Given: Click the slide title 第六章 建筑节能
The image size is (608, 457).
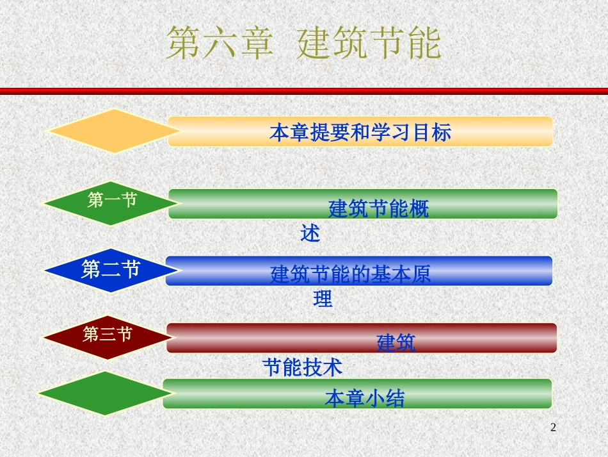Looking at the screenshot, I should [303, 44].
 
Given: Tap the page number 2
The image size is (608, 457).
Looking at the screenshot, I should [554, 427].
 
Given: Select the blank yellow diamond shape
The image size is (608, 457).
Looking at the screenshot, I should [113, 131].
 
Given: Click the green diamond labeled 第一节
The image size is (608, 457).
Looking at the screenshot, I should [111, 203].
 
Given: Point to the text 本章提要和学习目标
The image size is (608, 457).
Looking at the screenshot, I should [360, 132].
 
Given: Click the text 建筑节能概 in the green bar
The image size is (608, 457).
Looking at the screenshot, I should [378, 209].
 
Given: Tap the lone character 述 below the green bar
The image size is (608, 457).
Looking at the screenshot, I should [310, 233].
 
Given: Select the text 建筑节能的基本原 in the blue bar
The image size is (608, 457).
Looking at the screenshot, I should [350, 274].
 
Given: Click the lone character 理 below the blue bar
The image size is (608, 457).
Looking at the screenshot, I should [323, 299].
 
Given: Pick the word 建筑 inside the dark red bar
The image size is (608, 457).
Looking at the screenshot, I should [396, 343].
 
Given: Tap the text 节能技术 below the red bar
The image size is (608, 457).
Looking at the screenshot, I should [302, 367].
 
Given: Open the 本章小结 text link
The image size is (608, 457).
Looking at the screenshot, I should [365, 398].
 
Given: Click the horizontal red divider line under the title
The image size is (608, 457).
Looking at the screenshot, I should [304, 91].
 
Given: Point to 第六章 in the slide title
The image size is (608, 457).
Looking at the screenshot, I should [220, 44].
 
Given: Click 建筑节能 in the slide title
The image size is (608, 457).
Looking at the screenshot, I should [369, 44].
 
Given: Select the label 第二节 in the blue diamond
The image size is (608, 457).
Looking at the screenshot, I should [111, 269].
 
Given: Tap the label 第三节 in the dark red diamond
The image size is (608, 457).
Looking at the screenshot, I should [108, 334].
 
